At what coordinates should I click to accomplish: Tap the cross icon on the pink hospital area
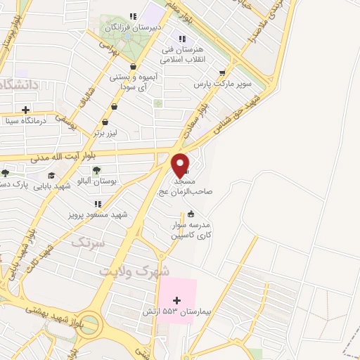pyautogui.click(x=176, y=300)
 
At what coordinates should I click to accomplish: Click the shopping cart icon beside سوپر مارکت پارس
pyautogui.click(x=223, y=73)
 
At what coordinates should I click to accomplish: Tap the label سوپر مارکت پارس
pyautogui.click(x=222, y=84)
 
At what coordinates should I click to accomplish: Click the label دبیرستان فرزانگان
pyautogui.click(x=134, y=27)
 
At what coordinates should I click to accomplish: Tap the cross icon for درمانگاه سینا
pyautogui.click(x=26, y=110)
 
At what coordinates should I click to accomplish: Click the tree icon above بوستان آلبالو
pyautogui.click(x=96, y=169)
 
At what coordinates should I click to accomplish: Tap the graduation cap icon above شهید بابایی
pyautogui.click(x=51, y=176)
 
